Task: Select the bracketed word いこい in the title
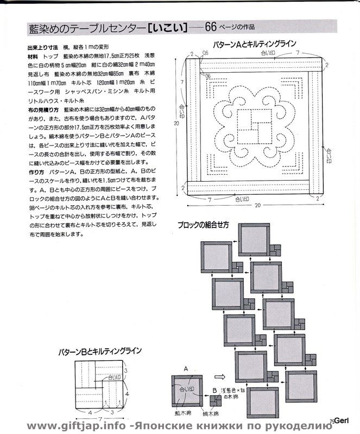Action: [169, 27]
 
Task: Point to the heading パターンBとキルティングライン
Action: [100, 352]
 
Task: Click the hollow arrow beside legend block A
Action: [220, 376]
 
